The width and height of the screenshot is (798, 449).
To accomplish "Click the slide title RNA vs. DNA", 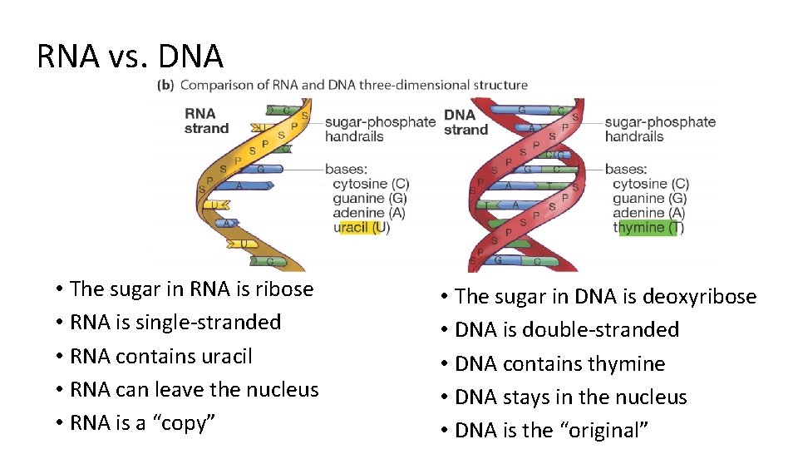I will [x=131, y=57].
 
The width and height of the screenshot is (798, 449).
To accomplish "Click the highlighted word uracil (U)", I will [x=361, y=227].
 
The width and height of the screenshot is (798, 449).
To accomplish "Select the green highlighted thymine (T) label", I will [x=648, y=227].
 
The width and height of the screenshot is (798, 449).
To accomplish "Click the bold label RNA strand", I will [x=206, y=121].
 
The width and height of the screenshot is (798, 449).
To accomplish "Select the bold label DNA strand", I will [x=465, y=121].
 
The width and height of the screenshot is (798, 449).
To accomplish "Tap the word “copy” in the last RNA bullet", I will [x=184, y=423].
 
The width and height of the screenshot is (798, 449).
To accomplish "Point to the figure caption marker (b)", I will [x=165, y=85].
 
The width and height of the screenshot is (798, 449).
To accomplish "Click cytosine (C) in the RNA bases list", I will [x=371, y=184].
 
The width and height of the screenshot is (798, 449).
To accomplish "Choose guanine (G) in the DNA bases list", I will [x=650, y=199].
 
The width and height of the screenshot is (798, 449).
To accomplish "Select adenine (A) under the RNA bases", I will [x=369, y=213].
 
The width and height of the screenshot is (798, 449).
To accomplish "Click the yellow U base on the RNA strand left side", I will [x=215, y=205].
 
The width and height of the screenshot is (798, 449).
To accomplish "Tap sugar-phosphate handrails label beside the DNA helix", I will [x=659, y=129].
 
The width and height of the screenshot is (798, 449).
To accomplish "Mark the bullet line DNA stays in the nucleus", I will [x=570, y=397].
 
